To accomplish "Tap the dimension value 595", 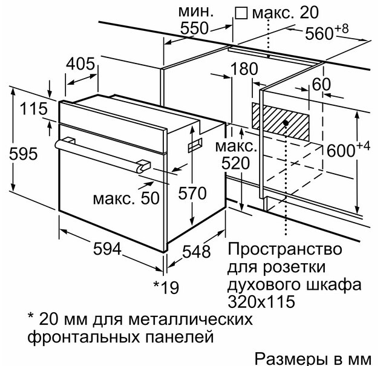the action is point(23,154).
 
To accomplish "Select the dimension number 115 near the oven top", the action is point(33,109).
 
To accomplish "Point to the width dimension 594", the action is point(107,249).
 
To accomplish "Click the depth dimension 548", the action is point(197,252).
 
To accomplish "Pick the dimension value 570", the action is point(192,194).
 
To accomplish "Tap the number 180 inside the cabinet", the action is point(244,68).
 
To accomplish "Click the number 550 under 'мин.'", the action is point(194,28).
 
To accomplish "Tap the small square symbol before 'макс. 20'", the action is point(241,13).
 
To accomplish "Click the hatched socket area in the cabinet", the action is point(281,122).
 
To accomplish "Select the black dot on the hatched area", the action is point(286,123).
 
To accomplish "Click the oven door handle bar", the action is point(103,155).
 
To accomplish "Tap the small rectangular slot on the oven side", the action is point(195,145).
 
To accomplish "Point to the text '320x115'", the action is point(261,301).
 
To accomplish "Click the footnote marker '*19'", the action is point(166,287).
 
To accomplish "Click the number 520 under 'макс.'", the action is point(236,163).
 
